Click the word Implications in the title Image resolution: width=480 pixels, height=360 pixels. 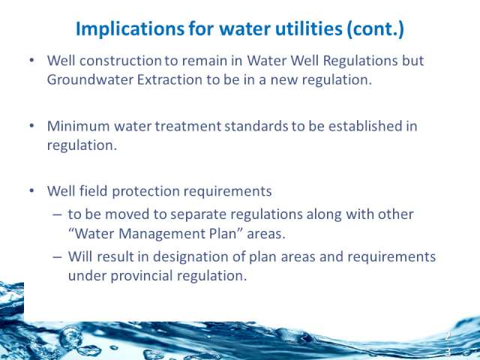[x=130, y=30]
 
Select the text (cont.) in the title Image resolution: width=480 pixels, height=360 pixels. [x=376, y=29]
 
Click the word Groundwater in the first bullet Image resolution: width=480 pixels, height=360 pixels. [x=90, y=79]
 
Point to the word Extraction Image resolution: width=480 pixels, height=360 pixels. [x=169, y=79]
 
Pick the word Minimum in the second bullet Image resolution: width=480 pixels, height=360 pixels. [x=78, y=126]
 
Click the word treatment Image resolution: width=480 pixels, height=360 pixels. [x=188, y=126]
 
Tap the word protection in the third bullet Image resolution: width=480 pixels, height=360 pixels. [x=145, y=192]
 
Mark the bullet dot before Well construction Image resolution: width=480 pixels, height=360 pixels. [x=31, y=60]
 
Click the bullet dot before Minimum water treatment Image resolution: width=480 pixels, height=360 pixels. [x=31, y=126]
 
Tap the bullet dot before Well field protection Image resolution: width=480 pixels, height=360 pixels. [x=31, y=191]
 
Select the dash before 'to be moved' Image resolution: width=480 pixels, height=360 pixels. [x=57, y=214]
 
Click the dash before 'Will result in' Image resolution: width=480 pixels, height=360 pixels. [x=57, y=256]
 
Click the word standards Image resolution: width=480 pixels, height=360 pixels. [x=256, y=126]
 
